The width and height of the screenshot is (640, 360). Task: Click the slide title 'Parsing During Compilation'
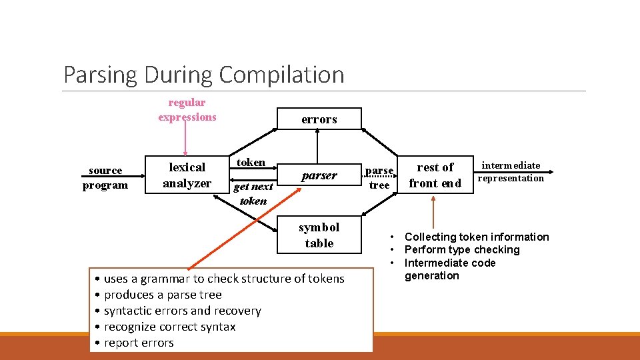point(203,74)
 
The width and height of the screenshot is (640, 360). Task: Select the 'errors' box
point(319,119)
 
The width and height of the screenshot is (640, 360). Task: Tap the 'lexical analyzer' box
point(187,175)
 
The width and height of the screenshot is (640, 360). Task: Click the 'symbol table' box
point(319,235)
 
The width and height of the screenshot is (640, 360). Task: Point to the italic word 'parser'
point(319,175)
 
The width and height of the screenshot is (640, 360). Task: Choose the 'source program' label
point(105,177)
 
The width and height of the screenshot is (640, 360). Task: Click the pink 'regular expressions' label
point(187,109)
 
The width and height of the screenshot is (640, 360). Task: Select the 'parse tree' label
point(379,177)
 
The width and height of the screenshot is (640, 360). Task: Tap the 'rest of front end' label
point(435,175)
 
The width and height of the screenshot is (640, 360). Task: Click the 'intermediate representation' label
point(511,171)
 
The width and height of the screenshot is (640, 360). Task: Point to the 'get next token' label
point(253,193)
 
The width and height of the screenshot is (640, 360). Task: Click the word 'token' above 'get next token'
point(251,162)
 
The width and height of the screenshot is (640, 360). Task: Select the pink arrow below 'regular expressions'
point(186,141)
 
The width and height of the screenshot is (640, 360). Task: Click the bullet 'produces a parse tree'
point(163,295)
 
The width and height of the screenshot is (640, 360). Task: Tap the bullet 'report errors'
point(139,343)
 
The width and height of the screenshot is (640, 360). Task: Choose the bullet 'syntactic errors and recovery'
point(182,311)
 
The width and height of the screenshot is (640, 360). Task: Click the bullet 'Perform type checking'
point(462,249)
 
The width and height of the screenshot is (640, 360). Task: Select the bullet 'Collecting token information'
point(477,237)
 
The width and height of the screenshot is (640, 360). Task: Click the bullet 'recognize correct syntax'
point(169,327)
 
